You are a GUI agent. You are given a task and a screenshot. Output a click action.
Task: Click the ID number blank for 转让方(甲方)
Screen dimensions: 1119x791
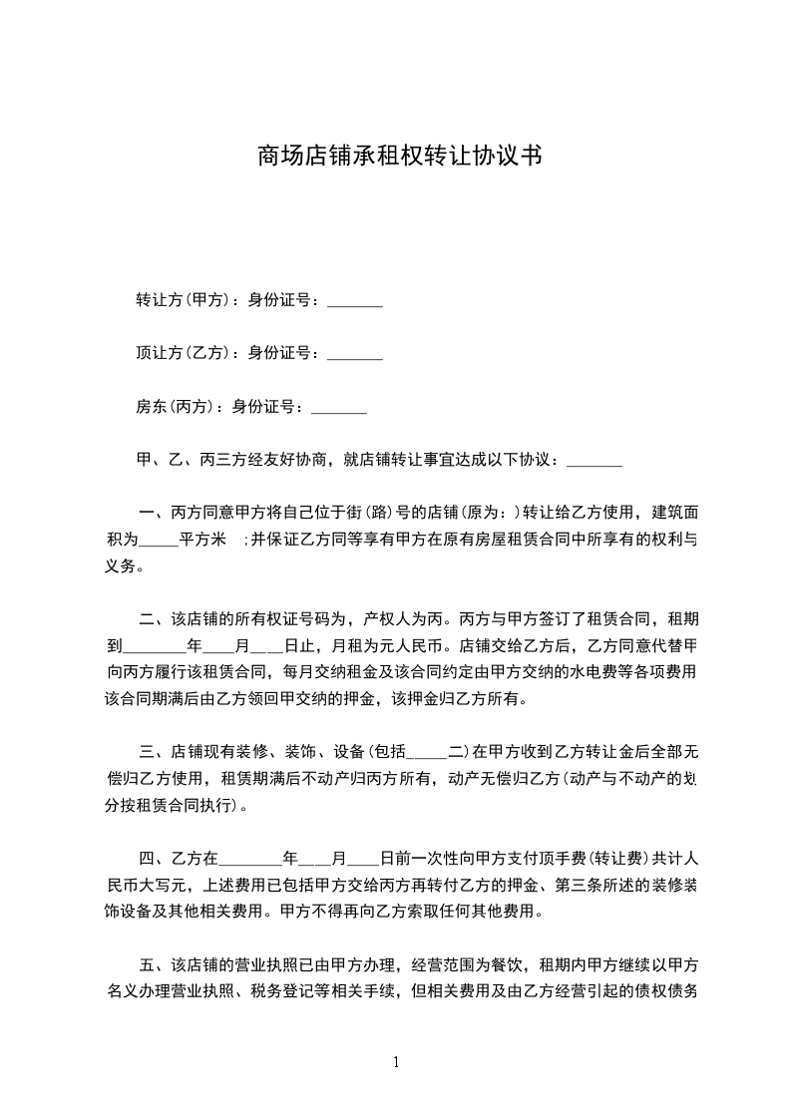tap(355, 301)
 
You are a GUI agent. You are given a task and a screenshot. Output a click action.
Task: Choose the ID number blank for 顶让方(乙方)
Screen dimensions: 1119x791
tap(355, 355)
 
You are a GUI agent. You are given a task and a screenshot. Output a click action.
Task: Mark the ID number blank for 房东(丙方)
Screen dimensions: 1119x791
tap(339, 409)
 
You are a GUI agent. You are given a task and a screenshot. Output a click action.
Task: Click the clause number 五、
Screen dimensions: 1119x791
tap(155, 965)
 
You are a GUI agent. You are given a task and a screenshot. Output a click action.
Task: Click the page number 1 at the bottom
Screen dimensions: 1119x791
tap(397, 1062)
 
